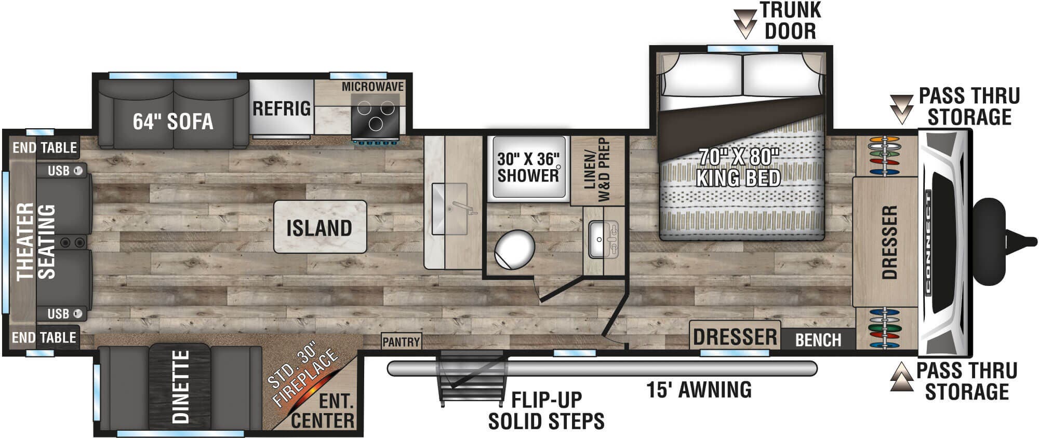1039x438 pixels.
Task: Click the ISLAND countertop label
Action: click(x=319, y=228)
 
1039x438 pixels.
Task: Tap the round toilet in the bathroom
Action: click(x=514, y=250)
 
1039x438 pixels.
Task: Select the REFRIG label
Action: click(x=282, y=108)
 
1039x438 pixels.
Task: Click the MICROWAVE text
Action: click(x=372, y=87)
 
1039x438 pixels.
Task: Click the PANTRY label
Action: click(x=401, y=342)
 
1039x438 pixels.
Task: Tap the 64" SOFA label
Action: click(x=173, y=121)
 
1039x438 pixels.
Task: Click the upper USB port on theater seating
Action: click(x=78, y=170)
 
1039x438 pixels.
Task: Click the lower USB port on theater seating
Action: click(x=78, y=313)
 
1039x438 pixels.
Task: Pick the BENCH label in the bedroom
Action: click(x=818, y=340)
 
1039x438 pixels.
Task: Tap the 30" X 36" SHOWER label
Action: click(x=528, y=167)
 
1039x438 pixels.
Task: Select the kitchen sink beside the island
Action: click(x=450, y=209)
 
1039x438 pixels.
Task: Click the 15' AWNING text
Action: click(x=699, y=389)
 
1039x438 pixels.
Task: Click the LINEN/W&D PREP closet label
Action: click(x=596, y=170)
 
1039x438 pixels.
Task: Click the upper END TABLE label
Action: click(x=45, y=147)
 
